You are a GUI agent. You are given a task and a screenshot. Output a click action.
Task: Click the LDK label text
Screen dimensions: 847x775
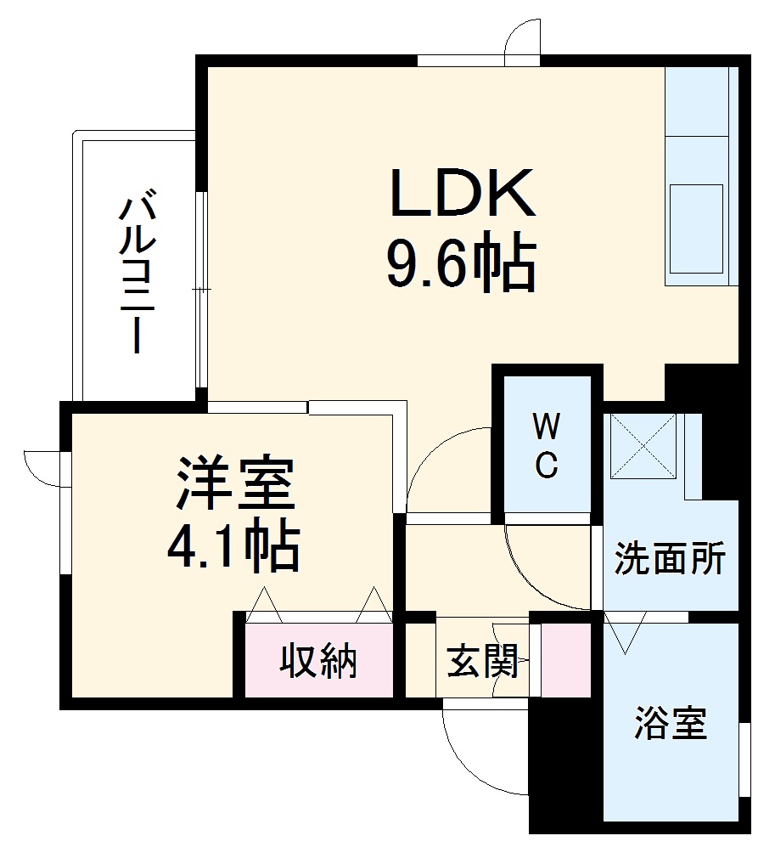point(463,194)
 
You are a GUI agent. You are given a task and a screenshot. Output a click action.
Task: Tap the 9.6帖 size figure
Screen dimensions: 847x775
point(463,265)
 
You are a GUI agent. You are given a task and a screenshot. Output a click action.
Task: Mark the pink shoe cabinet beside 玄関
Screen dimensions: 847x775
point(566,660)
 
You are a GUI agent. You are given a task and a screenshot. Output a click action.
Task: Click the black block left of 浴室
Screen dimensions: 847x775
point(564,765)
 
